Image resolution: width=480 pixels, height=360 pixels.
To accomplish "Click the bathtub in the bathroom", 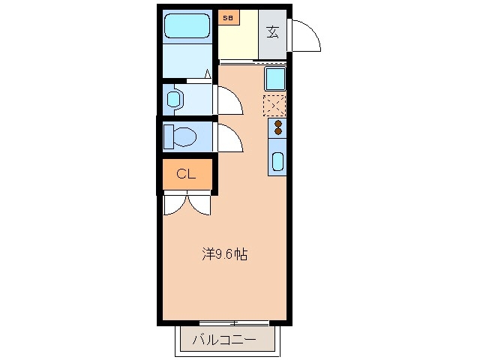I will click(187, 27).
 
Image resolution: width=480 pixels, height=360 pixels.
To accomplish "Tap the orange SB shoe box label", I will click(227, 15).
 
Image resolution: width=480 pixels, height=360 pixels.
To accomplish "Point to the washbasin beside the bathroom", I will click(175, 98).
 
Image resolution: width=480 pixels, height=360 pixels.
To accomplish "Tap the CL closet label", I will click(186, 175).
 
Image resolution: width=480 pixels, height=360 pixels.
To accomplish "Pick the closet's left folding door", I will click(175, 205).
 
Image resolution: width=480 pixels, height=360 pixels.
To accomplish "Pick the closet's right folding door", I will click(200, 205).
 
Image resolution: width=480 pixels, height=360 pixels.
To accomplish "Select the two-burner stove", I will click(277, 127).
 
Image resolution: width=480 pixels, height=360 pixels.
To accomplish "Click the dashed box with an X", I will click(274, 104).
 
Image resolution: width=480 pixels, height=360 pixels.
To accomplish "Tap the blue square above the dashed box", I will click(274, 78).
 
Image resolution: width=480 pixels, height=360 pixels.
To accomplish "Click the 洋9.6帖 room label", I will click(224, 254).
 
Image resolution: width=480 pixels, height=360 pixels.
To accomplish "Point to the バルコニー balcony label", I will click(224, 340).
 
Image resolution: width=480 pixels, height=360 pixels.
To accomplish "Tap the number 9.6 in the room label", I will click(224, 254).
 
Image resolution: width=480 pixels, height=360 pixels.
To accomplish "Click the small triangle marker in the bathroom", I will click(207, 73).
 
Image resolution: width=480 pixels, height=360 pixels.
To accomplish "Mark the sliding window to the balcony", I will click(234, 323).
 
